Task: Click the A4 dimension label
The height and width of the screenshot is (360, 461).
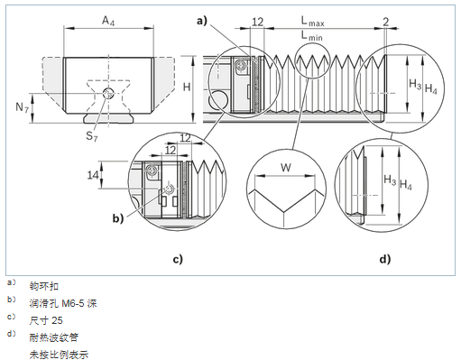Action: (108, 21)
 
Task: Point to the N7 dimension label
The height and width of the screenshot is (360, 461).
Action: (23, 107)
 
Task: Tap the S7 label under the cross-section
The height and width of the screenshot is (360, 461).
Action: (92, 136)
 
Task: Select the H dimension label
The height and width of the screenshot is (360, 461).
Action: (187, 87)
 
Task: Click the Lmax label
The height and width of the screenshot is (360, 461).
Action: (313, 21)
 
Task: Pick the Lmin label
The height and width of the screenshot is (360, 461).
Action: (312, 36)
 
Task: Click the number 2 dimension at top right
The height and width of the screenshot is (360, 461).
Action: (386, 22)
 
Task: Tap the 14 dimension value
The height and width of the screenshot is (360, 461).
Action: (93, 175)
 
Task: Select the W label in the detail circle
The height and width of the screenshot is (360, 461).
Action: (286, 167)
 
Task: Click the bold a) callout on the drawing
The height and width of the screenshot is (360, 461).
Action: (202, 21)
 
